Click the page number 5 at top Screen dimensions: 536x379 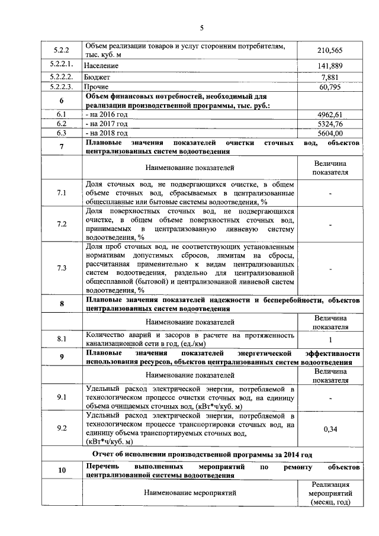coord(201,28)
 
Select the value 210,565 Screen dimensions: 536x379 coord(330,51)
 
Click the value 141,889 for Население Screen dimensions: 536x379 coord(330,65)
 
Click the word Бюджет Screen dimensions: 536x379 coord(98,77)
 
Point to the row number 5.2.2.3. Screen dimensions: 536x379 coord(61,88)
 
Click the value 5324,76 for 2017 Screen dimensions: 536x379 coord(330,124)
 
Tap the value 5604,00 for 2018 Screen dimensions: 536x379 coord(330,134)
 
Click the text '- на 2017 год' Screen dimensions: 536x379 coord(107,124)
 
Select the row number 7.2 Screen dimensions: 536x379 coord(61,224)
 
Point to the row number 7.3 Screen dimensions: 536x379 coord(61,268)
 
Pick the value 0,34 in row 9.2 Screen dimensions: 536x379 coord(330,429)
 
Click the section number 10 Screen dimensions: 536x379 coord(61,471)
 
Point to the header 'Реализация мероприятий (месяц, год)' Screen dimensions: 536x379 coord(330,493)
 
